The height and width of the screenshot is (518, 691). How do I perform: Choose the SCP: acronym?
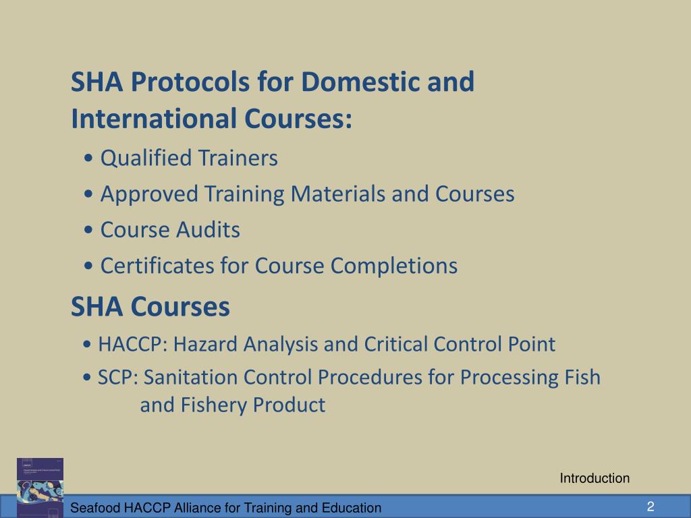(118, 376)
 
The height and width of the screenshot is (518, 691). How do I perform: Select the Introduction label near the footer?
(595, 479)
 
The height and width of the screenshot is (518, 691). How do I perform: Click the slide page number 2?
(651, 507)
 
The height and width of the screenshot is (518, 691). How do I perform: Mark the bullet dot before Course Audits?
(90, 231)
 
